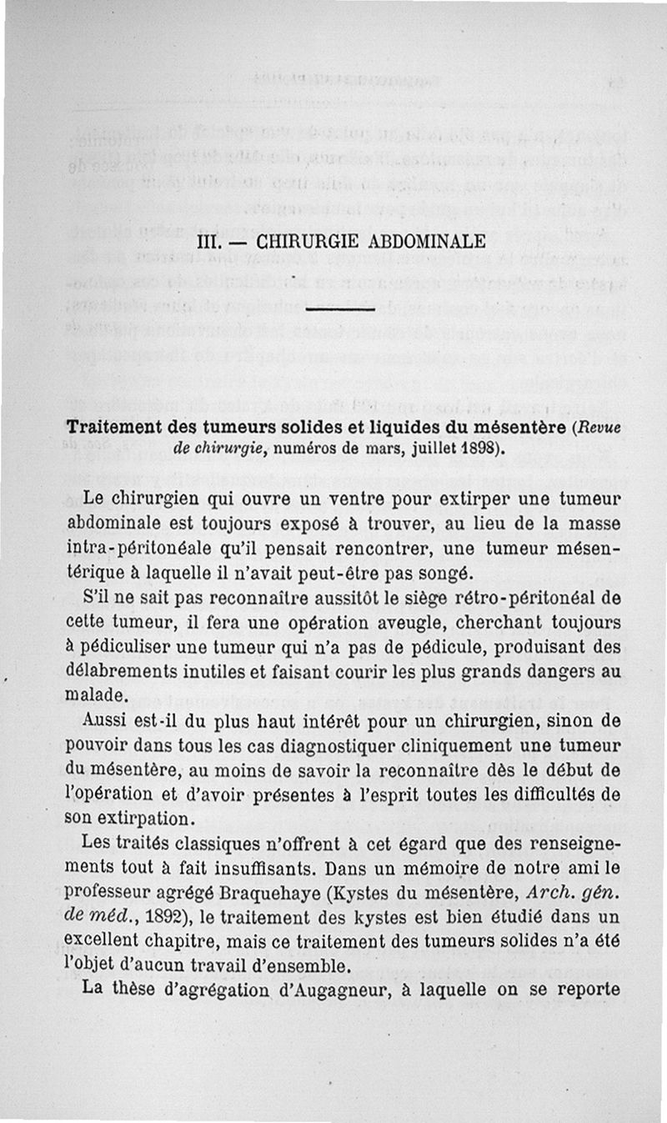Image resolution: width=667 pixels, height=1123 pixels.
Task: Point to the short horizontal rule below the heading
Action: pos(338,310)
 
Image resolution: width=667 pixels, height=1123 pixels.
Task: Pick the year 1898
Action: pos(481,448)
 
